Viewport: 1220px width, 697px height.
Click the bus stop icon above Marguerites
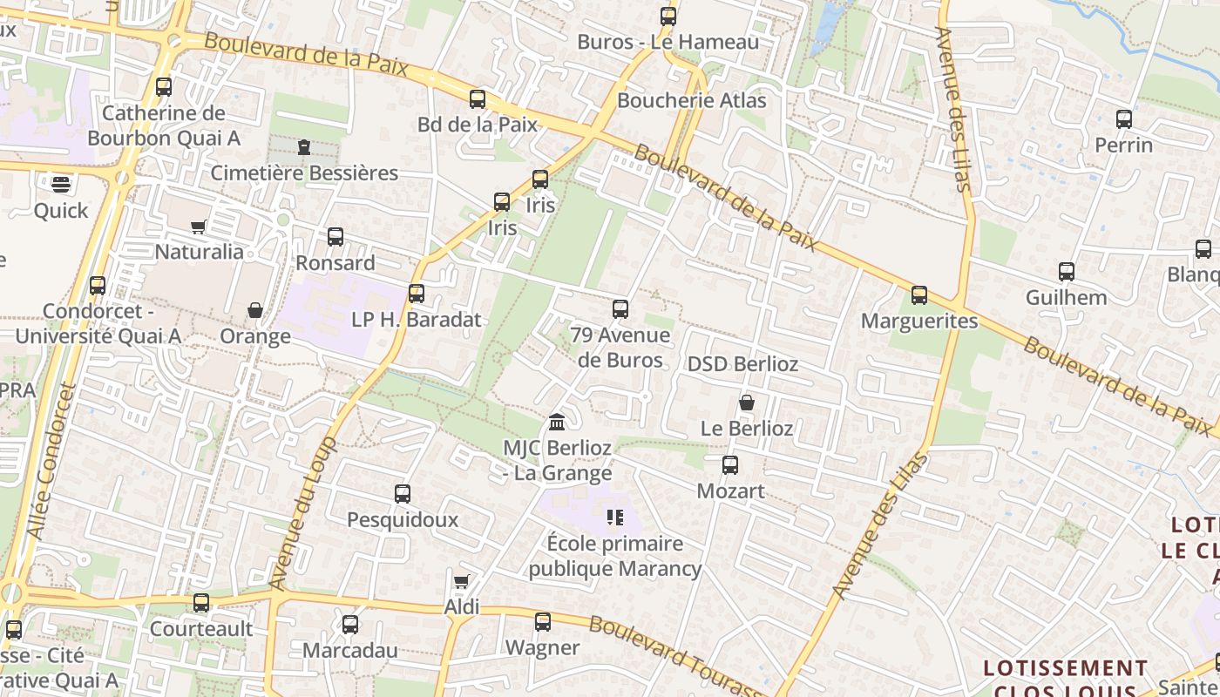coord(919,295)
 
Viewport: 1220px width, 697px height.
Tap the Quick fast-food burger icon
coord(60,184)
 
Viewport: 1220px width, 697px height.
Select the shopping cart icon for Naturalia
coord(199,227)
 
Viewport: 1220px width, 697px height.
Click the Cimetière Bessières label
coord(304,173)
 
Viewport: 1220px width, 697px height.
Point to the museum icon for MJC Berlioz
coord(557,423)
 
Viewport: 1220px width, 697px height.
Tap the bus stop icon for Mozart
coord(730,465)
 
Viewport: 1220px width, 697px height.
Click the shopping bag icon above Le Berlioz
coord(747,403)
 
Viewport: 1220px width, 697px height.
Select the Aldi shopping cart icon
coord(462,581)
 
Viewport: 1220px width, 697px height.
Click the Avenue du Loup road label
coord(302,514)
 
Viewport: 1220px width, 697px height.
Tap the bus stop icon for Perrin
coord(1124,119)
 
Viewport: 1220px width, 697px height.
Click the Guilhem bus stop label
coord(1066,297)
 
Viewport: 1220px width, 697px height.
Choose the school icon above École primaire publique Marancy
coord(615,518)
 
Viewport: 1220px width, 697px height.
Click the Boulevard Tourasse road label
coord(675,658)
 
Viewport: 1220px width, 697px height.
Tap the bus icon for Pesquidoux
coord(403,494)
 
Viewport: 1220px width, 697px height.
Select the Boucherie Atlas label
coord(692,100)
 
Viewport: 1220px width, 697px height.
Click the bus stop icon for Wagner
coord(543,622)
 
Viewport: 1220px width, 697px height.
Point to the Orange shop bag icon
coord(255,310)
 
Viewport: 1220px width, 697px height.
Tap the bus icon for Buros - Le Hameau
coord(668,17)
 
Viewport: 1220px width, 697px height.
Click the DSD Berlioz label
coord(742,363)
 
